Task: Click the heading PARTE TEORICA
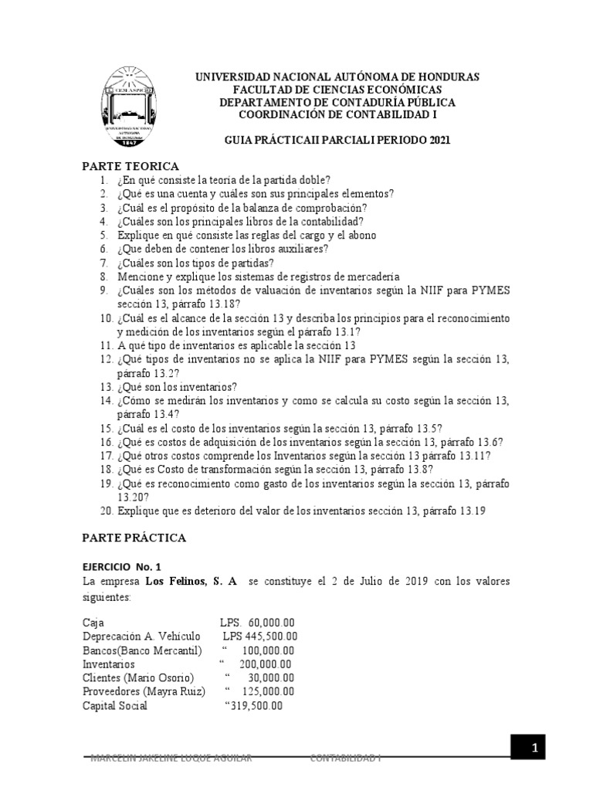pos(130,166)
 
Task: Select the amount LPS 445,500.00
pos(260,637)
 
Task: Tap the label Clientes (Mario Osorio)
pos(132,678)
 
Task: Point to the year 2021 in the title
pos(435,141)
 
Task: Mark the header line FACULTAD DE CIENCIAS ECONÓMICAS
pos(337,90)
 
